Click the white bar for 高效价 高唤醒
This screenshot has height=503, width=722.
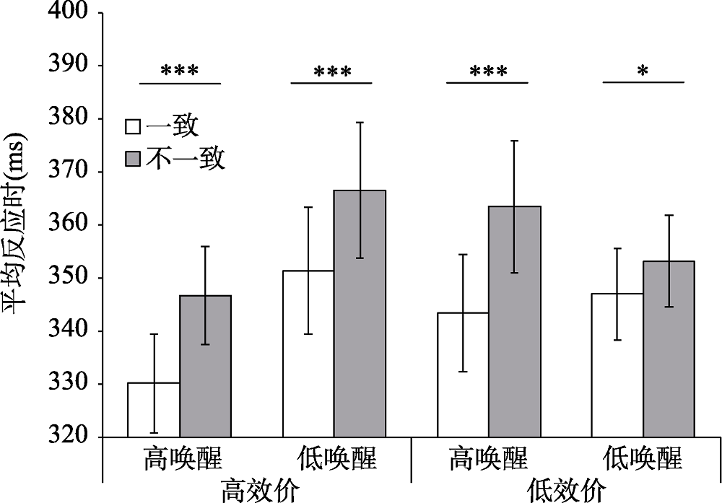click(x=154, y=410)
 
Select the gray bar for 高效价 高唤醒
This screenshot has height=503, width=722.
click(x=205, y=366)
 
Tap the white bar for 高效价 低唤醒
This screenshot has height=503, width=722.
click(x=308, y=354)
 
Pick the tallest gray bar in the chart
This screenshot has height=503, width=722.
click(x=359, y=313)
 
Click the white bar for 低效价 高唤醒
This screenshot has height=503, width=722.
click(x=463, y=375)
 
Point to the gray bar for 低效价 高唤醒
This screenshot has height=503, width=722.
click(x=514, y=321)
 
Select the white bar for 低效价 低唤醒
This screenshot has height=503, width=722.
click(x=617, y=365)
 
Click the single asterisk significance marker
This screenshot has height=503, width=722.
click(x=643, y=71)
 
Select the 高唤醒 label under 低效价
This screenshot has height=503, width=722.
click(x=488, y=459)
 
